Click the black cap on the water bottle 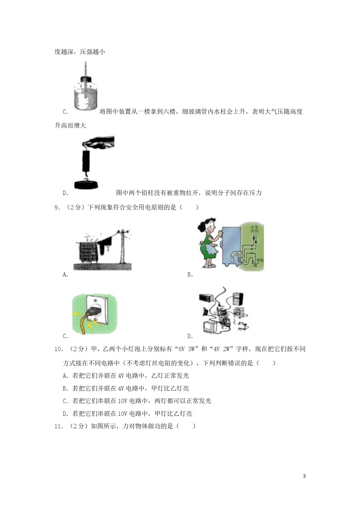(86, 79)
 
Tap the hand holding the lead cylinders (100, 142)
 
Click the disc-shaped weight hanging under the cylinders (86, 184)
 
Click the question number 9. (58, 207)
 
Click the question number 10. (59, 349)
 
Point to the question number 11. (59, 426)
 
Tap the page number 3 (304, 476)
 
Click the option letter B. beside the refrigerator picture (190, 275)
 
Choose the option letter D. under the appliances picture (190, 336)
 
